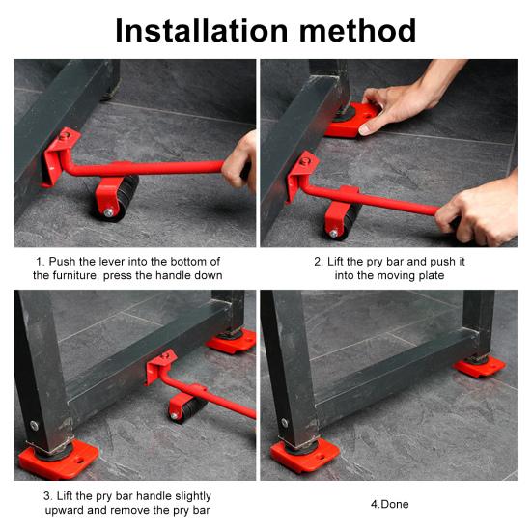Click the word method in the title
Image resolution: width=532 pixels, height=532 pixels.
[357, 31]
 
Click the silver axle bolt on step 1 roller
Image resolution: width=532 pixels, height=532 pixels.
[108, 212]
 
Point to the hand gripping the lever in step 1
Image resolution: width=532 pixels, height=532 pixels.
[240, 162]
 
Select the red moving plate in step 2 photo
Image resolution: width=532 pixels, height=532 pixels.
[351, 121]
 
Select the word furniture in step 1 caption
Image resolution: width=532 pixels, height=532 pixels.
[76, 275]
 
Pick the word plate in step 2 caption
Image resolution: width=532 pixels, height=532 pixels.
[432, 275]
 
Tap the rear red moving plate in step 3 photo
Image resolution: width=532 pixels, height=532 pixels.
[232, 341]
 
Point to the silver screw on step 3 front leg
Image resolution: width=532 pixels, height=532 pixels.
[34, 425]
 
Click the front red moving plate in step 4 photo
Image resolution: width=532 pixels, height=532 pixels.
[304, 457]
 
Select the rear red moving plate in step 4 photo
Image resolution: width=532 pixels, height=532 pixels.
[479, 368]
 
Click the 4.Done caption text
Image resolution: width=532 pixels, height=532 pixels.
[389, 504]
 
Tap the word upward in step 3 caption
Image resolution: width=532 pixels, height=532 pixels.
[64, 510]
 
